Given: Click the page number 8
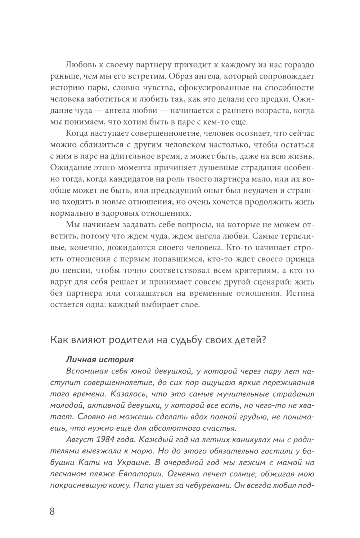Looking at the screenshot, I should tap(52, 511).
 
